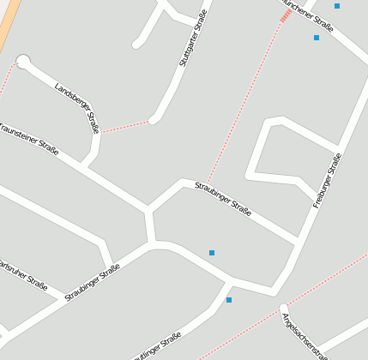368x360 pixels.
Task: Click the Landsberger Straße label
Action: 77,108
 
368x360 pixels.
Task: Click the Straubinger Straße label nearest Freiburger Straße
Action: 223,200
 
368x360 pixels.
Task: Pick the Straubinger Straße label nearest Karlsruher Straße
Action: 92,282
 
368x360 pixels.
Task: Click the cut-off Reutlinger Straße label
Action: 159,347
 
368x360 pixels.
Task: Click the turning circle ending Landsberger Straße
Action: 24,61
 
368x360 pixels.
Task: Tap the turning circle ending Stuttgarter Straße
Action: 154,120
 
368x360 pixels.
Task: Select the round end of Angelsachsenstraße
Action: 283,309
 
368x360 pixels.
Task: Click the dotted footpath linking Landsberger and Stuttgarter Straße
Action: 125,127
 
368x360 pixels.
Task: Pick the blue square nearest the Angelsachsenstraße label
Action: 229,300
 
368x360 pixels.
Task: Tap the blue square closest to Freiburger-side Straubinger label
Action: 212,252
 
